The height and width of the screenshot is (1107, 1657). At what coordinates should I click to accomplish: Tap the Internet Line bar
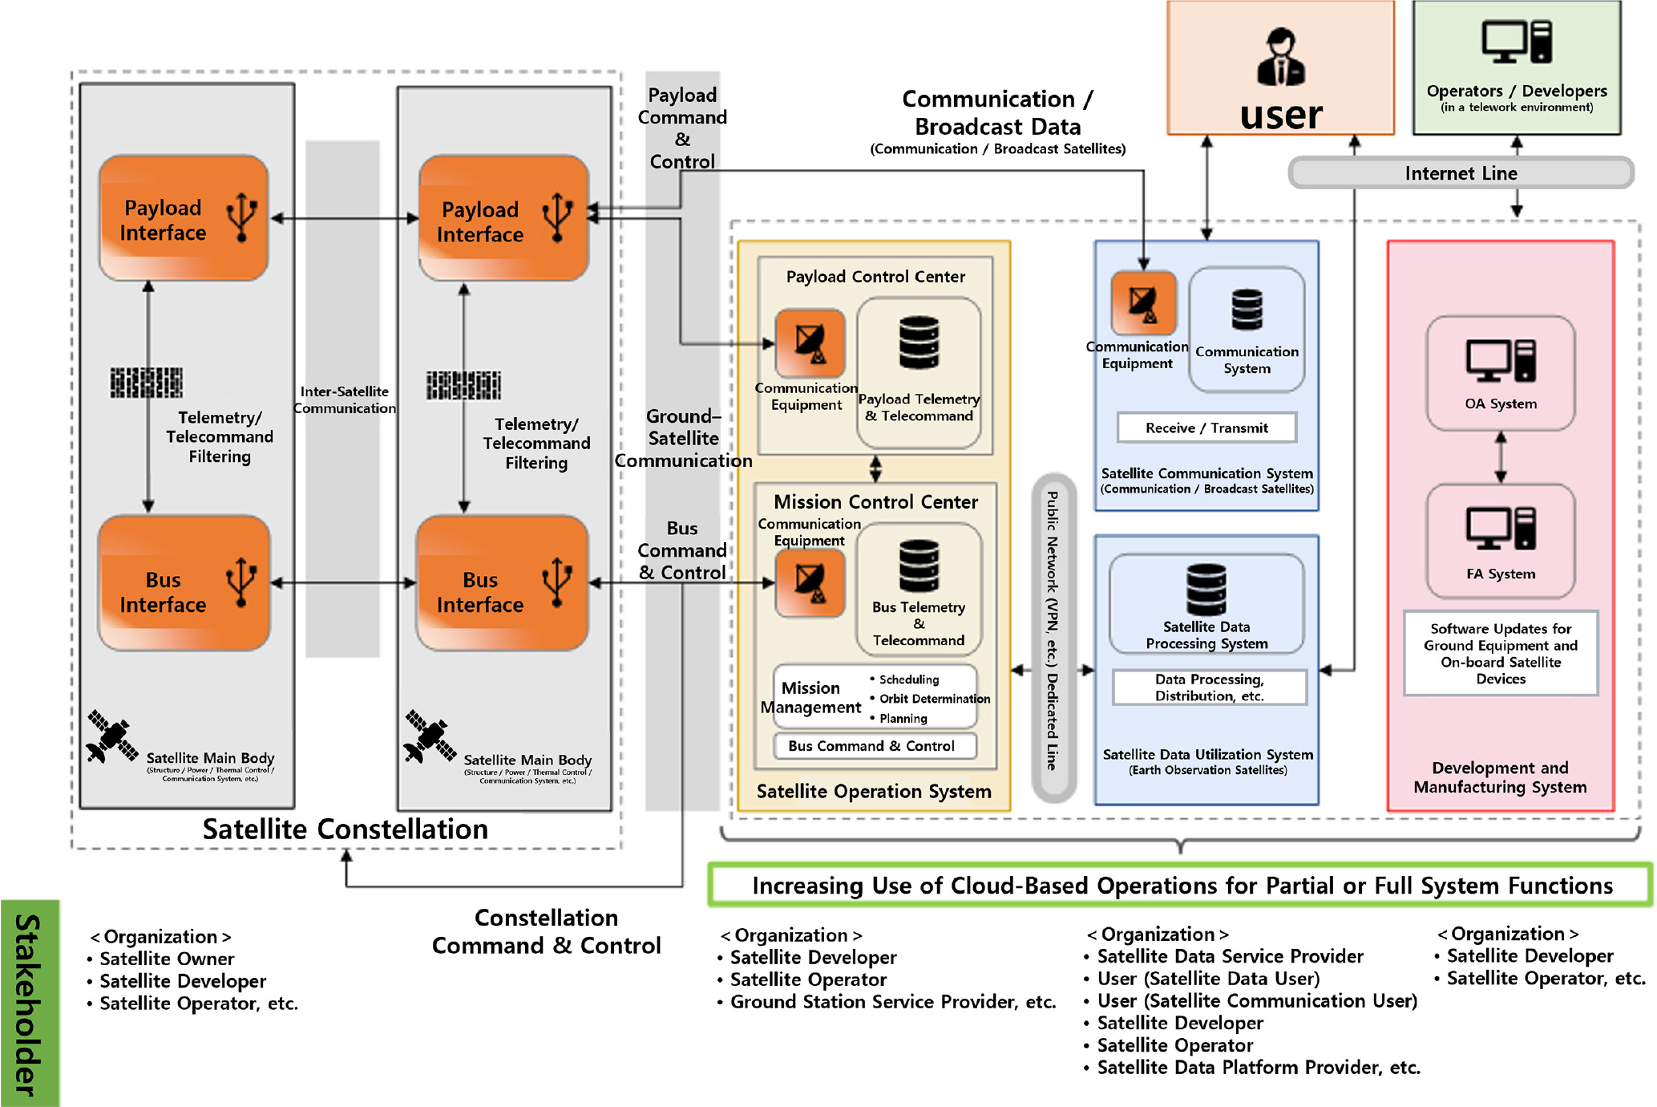tap(1460, 173)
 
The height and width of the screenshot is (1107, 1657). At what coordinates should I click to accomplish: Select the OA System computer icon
tap(1501, 360)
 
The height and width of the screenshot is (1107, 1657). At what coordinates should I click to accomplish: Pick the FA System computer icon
tap(1501, 529)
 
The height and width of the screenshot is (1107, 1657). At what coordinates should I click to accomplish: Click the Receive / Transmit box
tap(1206, 428)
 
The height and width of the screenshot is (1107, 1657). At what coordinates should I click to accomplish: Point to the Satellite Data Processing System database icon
tap(1206, 589)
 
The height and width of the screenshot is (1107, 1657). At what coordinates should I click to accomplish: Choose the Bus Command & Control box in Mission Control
tap(875, 746)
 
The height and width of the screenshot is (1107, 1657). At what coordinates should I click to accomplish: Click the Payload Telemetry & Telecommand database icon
tap(919, 343)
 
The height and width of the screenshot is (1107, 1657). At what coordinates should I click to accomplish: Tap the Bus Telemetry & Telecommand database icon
tap(919, 566)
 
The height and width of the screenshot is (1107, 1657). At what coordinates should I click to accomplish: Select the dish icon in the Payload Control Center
tap(810, 343)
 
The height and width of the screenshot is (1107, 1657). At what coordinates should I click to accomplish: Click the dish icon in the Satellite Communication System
tap(1143, 303)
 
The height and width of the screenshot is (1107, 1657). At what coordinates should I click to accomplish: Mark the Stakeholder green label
tap(30, 1003)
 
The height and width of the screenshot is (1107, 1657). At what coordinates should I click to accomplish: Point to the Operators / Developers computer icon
tap(1516, 42)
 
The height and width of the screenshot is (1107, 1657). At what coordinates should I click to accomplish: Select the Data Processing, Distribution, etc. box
tap(1209, 687)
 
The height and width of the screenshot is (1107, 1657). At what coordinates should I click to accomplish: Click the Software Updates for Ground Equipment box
tap(1500, 653)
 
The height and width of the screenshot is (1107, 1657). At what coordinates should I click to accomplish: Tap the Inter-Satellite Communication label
tap(344, 399)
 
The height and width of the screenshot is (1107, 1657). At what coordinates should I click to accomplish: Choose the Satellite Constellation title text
tap(345, 829)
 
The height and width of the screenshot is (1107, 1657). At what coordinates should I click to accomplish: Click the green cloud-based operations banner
tap(1180, 886)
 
